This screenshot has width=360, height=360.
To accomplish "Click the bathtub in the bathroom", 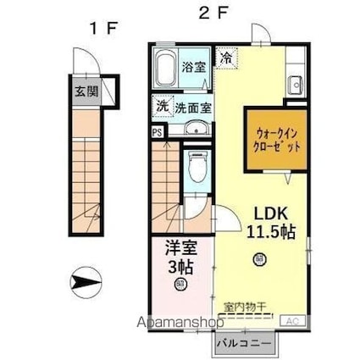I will coord(166,67).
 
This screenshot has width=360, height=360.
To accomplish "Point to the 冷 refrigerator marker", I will coord(226,58).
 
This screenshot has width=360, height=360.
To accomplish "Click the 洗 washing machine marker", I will coord(162,107).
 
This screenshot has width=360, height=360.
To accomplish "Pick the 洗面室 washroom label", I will coord(193,108).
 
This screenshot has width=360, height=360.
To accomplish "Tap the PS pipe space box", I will coord(158,131).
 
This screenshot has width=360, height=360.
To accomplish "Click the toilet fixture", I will coord(197,166).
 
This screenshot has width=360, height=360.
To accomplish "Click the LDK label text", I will coord(265,213).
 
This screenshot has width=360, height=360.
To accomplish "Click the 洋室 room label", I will coord(179,251).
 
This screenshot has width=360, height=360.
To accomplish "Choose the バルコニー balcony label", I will coord(243,345).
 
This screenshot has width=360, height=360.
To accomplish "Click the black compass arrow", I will coord(85,279).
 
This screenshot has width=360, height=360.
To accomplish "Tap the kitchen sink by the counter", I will coord(295,84).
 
